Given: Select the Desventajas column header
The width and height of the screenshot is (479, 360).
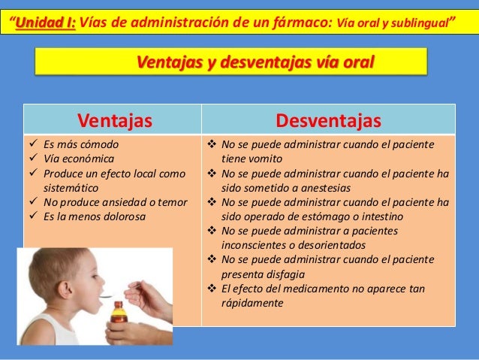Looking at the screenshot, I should tap(328, 120).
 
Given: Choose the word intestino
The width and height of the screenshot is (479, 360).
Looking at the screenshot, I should tap(376, 216).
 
